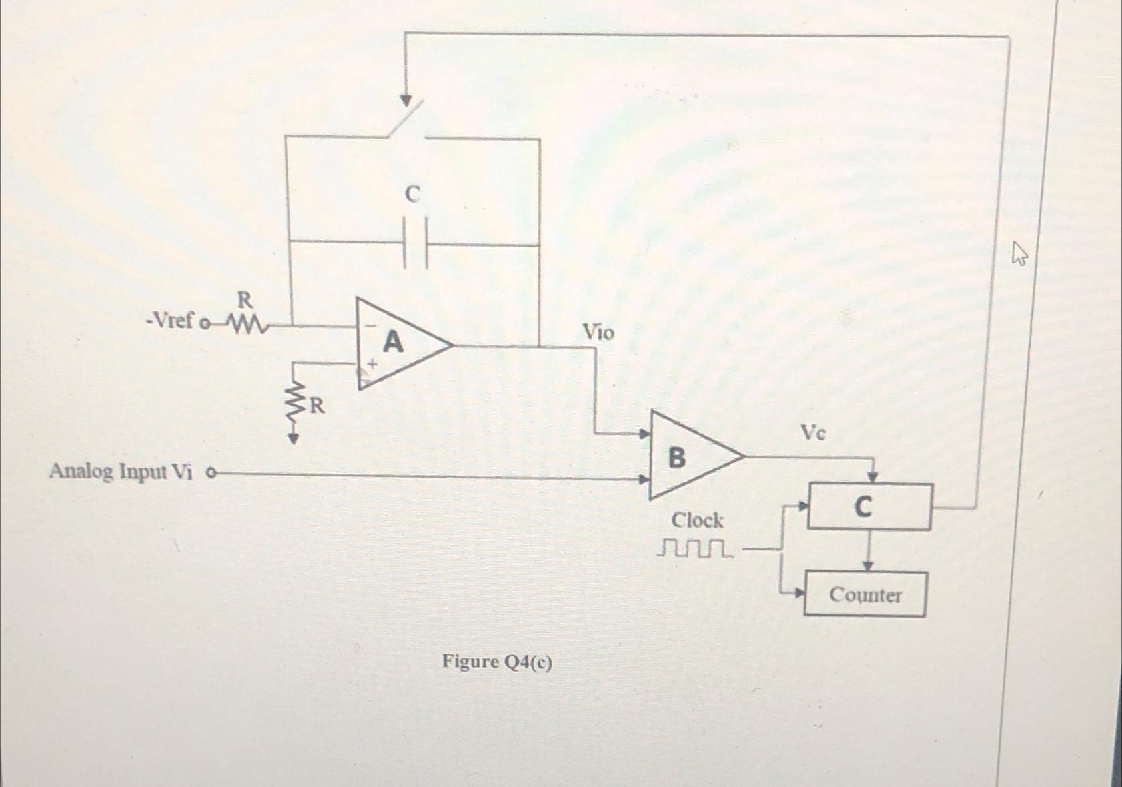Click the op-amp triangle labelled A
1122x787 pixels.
click(x=397, y=344)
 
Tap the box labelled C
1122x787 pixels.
click(x=869, y=507)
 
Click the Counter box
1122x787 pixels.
click(x=865, y=594)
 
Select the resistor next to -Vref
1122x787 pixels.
click(x=247, y=325)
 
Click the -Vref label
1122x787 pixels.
click(x=169, y=321)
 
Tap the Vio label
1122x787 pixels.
click(x=598, y=332)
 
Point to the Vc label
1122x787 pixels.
click(x=813, y=434)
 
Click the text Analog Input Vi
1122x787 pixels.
click(x=121, y=472)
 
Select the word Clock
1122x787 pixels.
click(x=697, y=520)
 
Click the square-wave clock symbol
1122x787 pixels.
click(x=694, y=548)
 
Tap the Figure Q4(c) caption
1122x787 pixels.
click(x=497, y=662)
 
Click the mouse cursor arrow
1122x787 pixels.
click(x=1019, y=254)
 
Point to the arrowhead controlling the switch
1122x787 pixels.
click(x=406, y=101)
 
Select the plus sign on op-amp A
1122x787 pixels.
click(x=372, y=364)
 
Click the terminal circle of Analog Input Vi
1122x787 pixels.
click(x=211, y=474)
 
